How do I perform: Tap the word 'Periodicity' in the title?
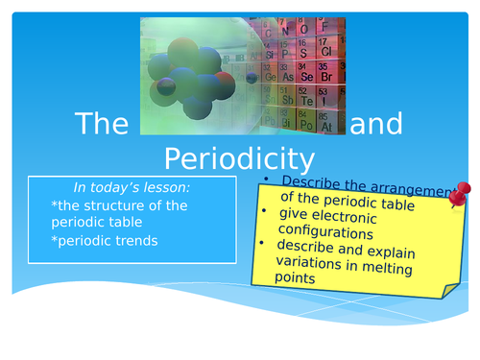239,156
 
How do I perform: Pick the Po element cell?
307,124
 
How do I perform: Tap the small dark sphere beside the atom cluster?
251,77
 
